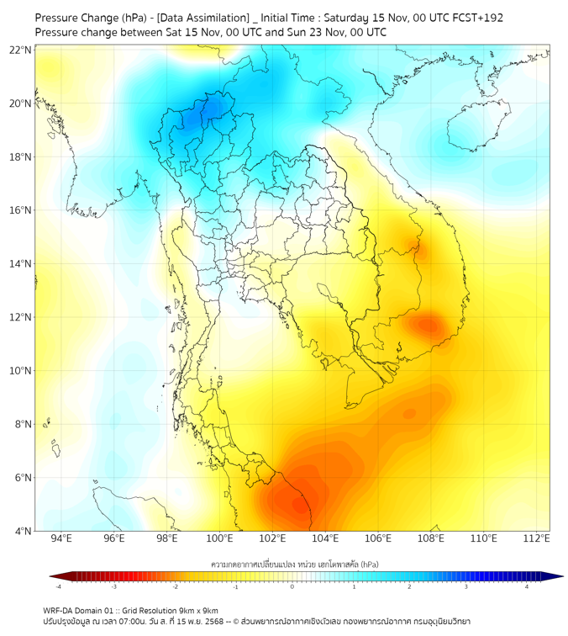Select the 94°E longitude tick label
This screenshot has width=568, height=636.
point(61,538)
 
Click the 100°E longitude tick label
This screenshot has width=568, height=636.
point(220,538)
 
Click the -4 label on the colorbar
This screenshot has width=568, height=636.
point(58,586)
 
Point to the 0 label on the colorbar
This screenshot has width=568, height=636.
point(292,586)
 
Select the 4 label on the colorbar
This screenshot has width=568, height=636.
point(526,586)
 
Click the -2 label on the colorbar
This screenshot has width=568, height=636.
point(176,586)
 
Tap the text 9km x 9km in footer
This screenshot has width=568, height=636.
point(198,611)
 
